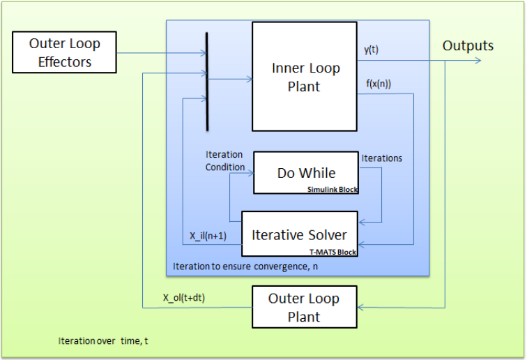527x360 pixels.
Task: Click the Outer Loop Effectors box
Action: [65, 52]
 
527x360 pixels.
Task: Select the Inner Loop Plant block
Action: [305, 77]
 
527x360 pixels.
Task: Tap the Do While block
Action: [305, 172]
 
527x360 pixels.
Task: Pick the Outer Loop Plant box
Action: [304, 308]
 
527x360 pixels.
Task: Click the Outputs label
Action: [468, 46]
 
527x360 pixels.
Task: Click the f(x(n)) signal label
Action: [379, 84]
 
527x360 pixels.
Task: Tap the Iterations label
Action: [381, 158]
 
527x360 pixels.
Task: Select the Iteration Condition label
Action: [224, 160]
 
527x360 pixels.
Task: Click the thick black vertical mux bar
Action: [207, 81]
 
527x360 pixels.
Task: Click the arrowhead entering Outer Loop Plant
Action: [362, 308]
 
